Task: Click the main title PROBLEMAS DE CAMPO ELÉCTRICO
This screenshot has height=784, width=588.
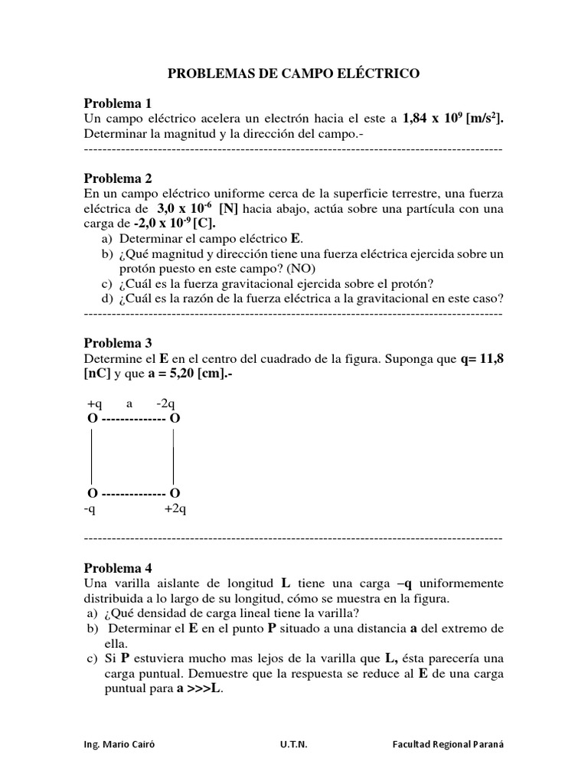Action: [x=294, y=73]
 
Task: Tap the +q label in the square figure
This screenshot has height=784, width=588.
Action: [x=94, y=403]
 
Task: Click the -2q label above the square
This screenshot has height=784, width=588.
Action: [x=166, y=403]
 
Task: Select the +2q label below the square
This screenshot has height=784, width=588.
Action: [x=175, y=508]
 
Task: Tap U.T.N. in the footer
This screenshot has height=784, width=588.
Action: [x=294, y=743]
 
